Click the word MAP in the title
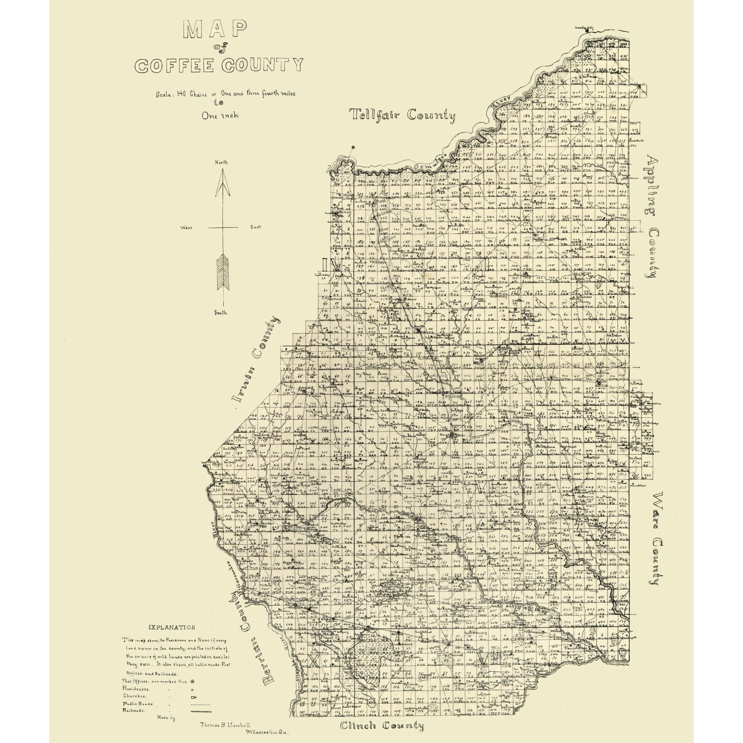tap(215, 30)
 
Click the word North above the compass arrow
tap(221, 162)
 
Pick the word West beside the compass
tap(186, 228)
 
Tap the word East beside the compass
tap(256, 228)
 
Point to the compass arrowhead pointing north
tap(222, 184)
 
